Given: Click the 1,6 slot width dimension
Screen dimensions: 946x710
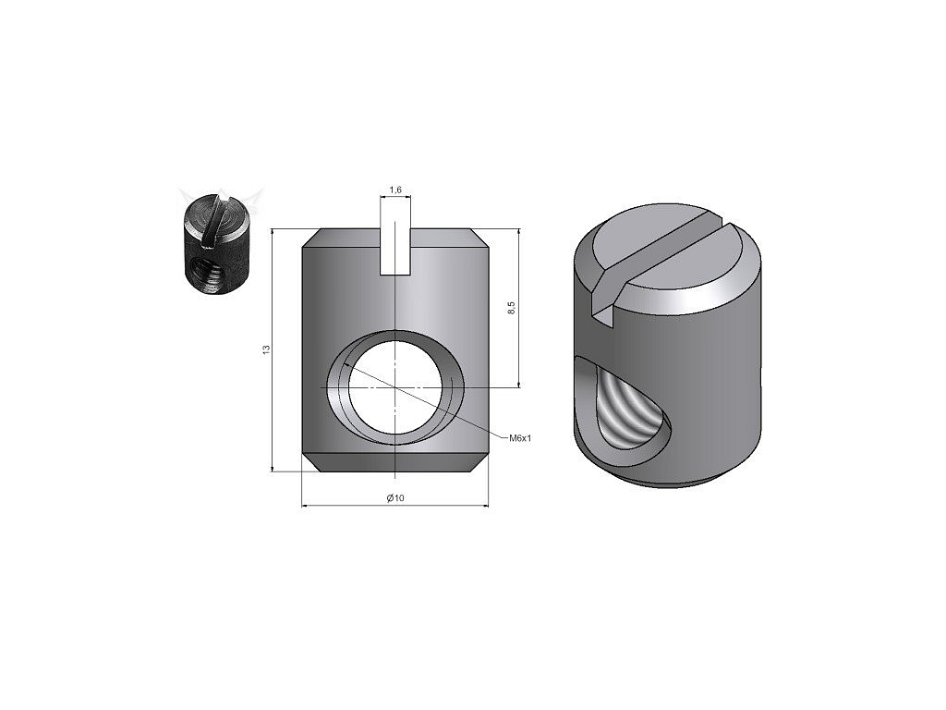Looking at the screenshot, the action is click(x=395, y=190).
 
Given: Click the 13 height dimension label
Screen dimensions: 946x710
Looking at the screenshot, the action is click(x=266, y=349).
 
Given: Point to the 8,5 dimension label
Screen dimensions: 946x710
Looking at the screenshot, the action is click(x=512, y=308).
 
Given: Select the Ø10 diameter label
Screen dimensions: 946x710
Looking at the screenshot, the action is click(x=395, y=498).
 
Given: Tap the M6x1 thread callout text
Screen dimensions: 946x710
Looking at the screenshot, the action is click(x=520, y=437).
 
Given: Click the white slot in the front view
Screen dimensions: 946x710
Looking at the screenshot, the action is click(x=395, y=251).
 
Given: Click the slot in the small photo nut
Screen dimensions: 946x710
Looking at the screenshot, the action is click(x=215, y=220).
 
